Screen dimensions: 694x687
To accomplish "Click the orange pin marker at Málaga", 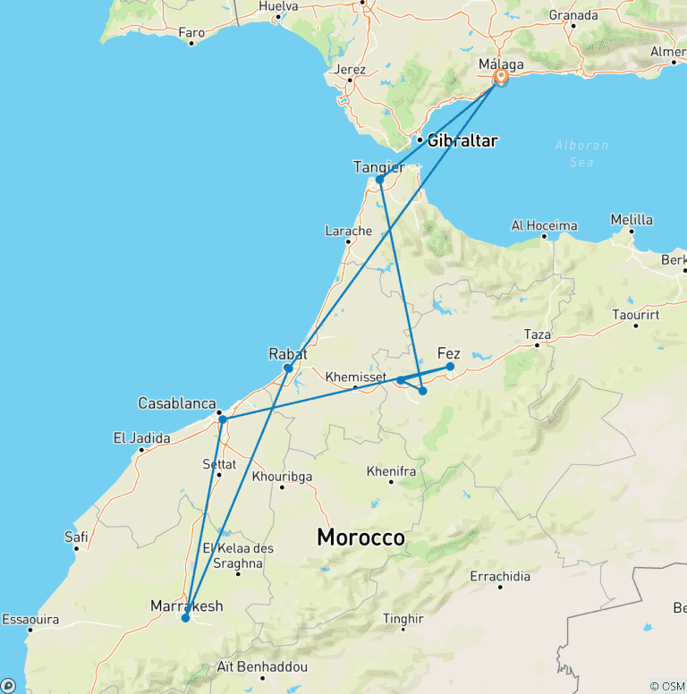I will [501, 78].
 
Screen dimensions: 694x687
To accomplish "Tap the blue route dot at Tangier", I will [379, 180].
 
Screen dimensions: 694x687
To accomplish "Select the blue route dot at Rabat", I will [288, 368].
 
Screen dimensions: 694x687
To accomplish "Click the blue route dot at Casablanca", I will [222, 419].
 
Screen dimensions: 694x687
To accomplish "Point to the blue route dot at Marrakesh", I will [186, 617].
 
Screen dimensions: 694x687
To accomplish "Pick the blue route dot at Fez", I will [450, 367].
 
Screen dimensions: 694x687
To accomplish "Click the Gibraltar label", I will [462, 140].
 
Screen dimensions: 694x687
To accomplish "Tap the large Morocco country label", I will [361, 538].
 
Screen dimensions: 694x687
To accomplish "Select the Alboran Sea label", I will [581, 153].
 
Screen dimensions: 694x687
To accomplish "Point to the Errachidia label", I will [500, 576].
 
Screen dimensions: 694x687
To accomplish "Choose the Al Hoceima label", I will [544, 225].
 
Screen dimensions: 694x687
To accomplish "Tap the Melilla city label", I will [632, 219].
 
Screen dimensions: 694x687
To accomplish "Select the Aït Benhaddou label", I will [262, 667].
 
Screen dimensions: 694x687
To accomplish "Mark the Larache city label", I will [348, 231].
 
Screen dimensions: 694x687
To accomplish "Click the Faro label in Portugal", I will [191, 33].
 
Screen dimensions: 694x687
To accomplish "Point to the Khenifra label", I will [391, 470].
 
